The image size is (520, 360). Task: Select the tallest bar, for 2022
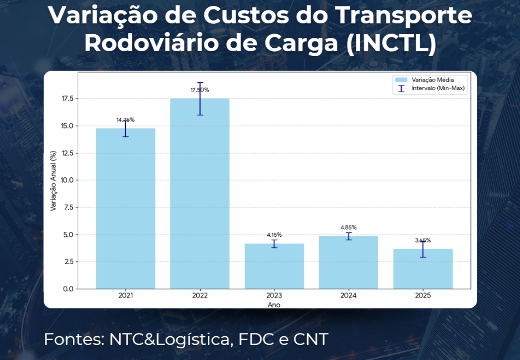200,193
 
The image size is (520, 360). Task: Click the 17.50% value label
200,90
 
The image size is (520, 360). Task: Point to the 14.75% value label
126,120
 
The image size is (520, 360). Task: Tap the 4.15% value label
274,234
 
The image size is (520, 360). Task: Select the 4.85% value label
349,227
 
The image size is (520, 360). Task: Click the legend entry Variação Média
432,80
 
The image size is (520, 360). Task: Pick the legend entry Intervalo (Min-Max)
438,88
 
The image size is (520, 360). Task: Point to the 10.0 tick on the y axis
67,180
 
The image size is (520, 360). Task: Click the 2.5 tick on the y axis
68,261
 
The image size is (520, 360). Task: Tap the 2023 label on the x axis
274,296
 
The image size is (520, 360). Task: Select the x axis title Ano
274,305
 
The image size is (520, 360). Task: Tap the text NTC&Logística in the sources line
169,339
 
